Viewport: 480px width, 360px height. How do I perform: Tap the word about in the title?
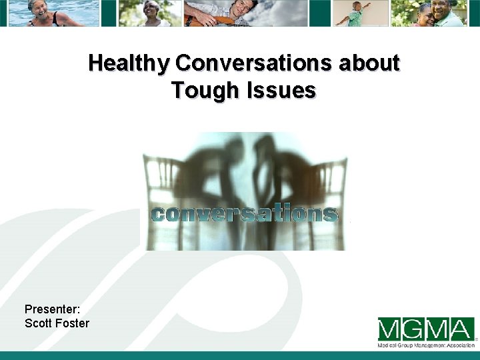coord(369,63)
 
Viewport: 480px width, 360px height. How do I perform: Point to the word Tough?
coord(206,89)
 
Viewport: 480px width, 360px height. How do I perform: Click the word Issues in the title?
coord(281,89)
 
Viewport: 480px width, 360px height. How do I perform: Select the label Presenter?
coord(52,309)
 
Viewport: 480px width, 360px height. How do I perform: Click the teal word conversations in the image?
coord(244,214)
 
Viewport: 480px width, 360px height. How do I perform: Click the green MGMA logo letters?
coord(425,329)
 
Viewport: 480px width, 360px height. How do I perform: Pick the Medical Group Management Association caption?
coord(426,345)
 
